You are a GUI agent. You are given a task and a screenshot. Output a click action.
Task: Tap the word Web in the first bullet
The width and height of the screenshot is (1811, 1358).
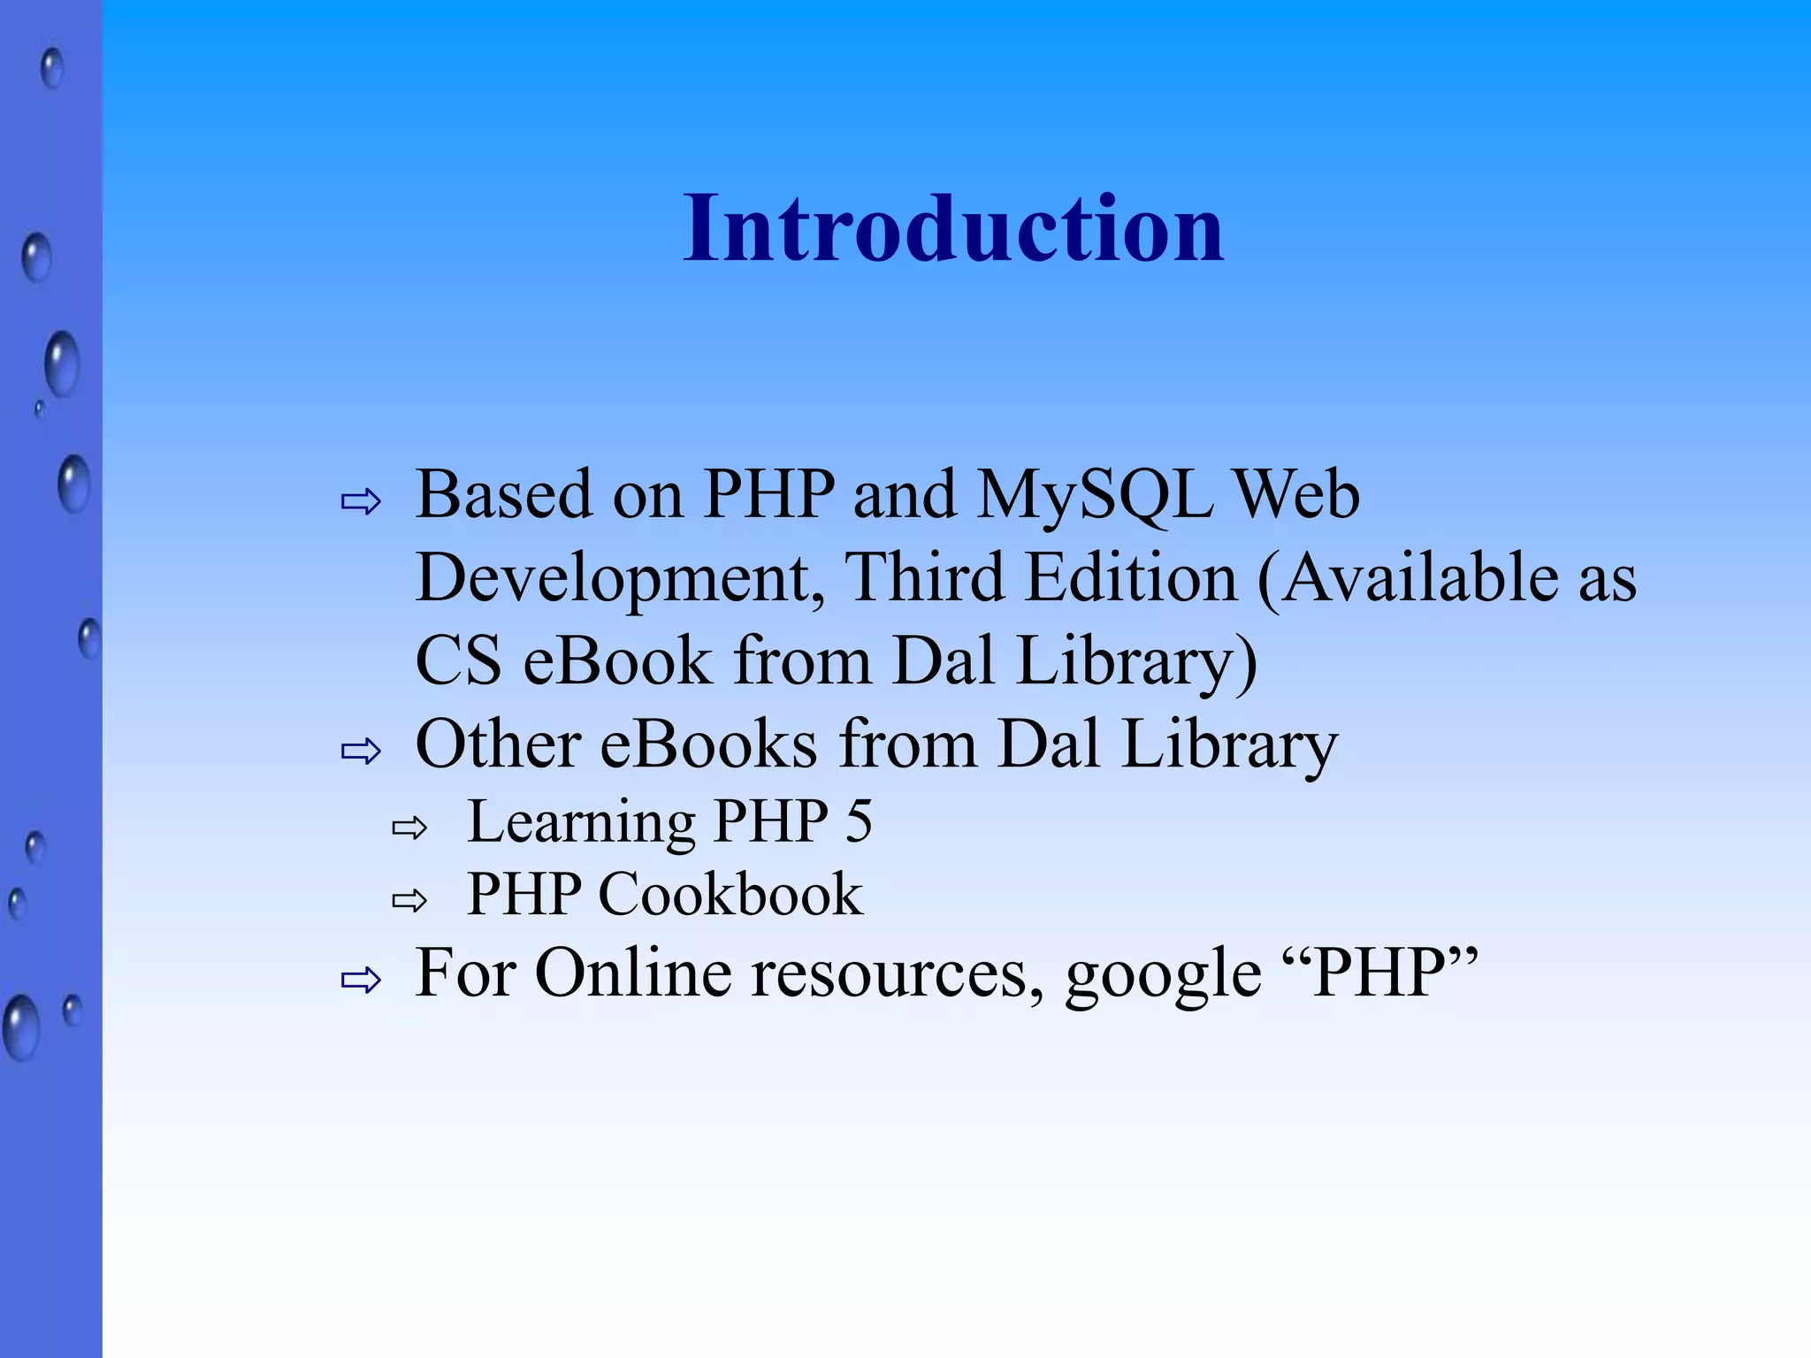point(1297,495)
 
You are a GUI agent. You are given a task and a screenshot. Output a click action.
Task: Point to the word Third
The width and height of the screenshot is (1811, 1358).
point(925,577)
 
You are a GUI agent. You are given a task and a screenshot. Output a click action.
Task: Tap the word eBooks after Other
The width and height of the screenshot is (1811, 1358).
point(708,744)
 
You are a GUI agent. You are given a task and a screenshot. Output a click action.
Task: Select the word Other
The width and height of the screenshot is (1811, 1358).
point(498,744)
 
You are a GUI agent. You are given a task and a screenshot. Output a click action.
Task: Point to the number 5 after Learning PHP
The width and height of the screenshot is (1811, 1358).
point(858,821)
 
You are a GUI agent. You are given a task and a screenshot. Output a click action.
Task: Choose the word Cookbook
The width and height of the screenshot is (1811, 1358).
point(730,895)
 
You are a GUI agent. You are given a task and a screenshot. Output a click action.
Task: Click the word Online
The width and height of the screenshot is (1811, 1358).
point(634,973)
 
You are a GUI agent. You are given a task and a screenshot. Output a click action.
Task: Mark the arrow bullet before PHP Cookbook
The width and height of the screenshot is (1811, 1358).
point(409,901)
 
